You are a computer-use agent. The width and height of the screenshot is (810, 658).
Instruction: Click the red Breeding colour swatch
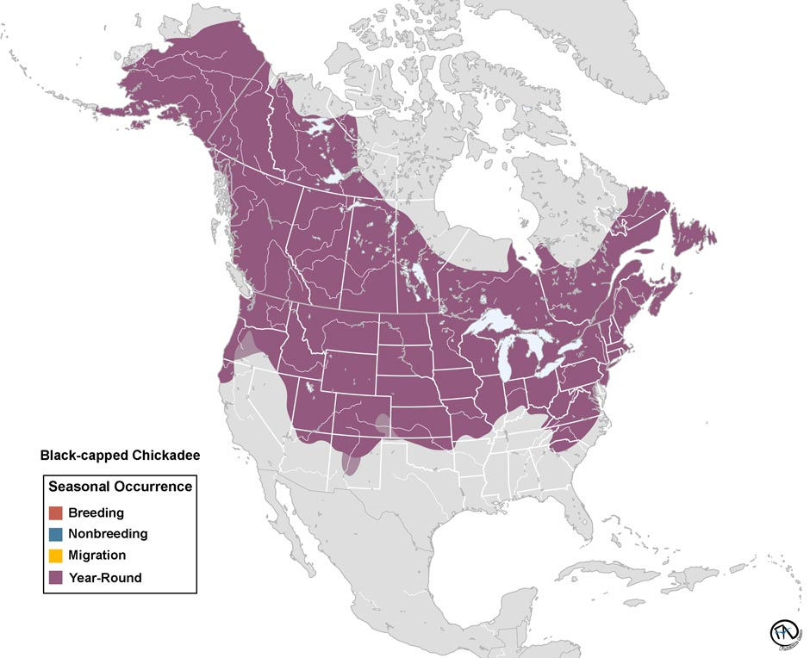56,512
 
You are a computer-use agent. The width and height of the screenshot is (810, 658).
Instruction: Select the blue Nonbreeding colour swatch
56,534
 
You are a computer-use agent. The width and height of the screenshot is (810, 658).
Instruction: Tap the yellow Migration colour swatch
56,556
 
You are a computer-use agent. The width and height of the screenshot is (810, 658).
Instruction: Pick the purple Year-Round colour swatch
56,578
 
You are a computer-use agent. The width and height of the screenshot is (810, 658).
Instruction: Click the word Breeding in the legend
96,512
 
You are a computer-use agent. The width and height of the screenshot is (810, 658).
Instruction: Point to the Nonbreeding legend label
108,534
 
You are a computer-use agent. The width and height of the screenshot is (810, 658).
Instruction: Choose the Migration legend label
97,556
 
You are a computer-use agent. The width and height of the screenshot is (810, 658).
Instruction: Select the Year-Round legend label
104,578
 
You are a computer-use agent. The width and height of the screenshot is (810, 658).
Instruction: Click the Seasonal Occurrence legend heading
120,487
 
